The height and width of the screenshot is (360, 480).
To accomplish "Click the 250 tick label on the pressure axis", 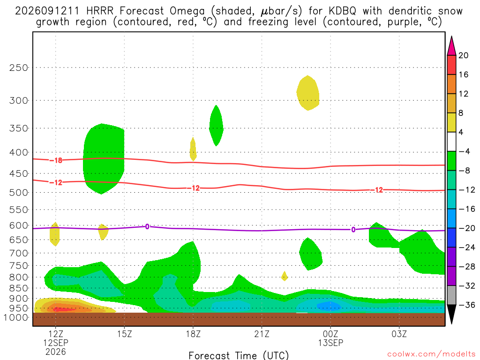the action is [18, 67].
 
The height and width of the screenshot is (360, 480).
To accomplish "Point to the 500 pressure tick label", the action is [18, 193].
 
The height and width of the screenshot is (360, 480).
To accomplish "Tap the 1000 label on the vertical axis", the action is [16, 317].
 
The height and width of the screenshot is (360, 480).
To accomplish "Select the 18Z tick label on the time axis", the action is [193, 334].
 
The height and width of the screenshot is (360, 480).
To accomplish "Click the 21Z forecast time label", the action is [262, 334].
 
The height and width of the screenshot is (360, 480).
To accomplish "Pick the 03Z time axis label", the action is [399, 334].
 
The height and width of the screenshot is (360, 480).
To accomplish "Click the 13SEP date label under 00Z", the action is [330, 343].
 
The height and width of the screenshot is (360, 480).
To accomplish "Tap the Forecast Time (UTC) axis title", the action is [239, 355].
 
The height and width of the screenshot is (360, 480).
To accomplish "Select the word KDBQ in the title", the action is [343, 11].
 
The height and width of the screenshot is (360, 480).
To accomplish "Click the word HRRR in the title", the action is [100, 11].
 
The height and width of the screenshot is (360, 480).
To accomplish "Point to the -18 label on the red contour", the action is [56, 160].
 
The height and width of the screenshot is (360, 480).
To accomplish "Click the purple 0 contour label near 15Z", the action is [147, 226].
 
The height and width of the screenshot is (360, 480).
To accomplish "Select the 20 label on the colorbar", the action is [464, 55].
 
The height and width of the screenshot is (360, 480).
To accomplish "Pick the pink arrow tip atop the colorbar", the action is [451, 37].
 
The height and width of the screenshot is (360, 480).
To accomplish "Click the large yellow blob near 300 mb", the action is [308, 93].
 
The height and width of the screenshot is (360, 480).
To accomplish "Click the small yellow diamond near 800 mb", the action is [285, 276].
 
